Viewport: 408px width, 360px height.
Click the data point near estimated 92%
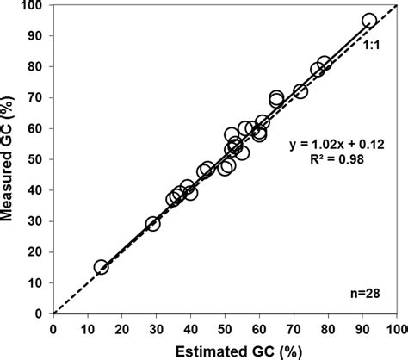(x=369, y=21)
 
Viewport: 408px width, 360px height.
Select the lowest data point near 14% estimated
(x=101, y=267)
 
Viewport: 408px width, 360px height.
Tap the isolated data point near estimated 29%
(x=153, y=224)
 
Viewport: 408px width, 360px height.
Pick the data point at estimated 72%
(x=300, y=91)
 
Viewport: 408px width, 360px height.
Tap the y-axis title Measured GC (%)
(x=10, y=159)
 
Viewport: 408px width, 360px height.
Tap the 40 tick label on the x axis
(x=190, y=327)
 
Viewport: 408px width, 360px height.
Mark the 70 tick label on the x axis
(x=294, y=327)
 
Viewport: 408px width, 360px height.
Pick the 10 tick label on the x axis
(x=87, y=327)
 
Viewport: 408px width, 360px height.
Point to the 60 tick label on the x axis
(x=259, y=327)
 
